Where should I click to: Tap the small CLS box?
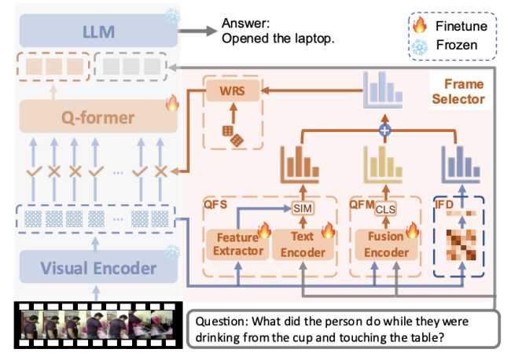(x=385, y=209)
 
